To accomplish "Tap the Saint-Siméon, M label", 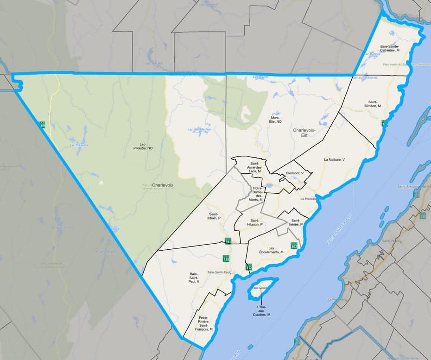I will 374,103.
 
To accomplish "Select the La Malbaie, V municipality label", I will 334,159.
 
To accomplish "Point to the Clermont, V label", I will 295,173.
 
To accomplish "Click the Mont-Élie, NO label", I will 276,120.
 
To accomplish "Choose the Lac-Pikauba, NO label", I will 143,146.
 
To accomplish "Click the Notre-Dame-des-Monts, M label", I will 256,194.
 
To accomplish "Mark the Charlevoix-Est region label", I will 304,133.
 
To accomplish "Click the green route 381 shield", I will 228,241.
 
